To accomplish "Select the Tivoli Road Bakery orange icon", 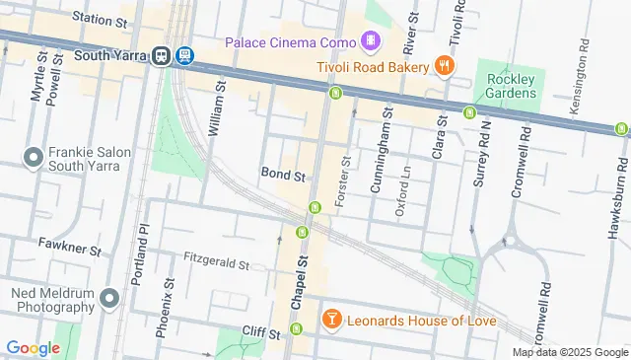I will pos(445,66).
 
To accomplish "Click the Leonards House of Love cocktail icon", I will pos(332,320).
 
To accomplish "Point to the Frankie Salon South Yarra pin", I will pos(33,157).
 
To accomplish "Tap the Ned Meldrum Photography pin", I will pos(108,295).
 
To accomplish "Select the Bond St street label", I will pos(283,174).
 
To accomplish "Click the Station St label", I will pos(101,19).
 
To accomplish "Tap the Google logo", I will pos(33,347).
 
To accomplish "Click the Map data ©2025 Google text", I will pos(570,352).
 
